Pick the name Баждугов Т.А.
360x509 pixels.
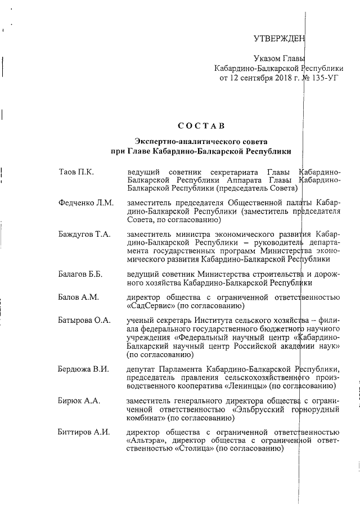click(84, 234)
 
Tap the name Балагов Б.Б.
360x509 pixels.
click(80, 274)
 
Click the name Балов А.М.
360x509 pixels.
click(78, 297)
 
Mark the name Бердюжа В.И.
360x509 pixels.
click(83, 369)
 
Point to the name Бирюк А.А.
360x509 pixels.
click(79, 400)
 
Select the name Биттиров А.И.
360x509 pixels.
click(84, 432)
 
